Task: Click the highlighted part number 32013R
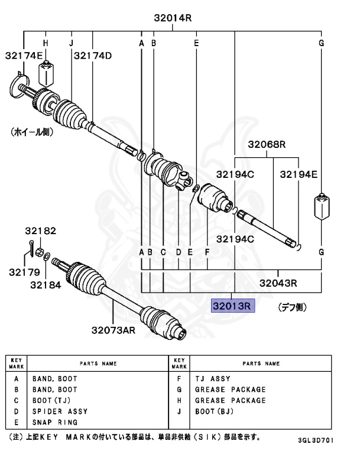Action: [233, 306]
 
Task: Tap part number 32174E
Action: [24, 56]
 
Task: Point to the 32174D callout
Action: [93, 56]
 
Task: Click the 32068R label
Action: [267, 144]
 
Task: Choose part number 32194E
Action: [299, 174]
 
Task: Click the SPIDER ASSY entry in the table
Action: [60, 411]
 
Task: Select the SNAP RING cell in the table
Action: [54, 422]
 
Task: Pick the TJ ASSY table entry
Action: [212, 378]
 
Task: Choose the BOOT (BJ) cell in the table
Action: [215, 411]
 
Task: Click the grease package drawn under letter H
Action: [46, 73]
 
